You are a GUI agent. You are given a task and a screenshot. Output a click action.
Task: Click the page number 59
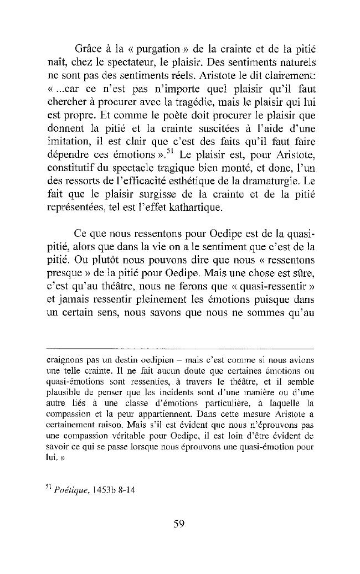[x=178, y=524]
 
